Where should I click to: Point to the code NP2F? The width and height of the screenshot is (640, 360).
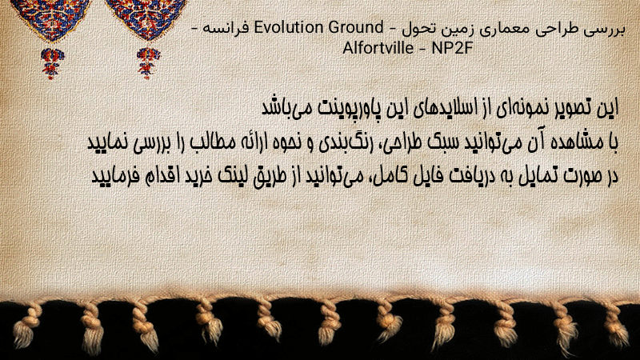pyautogui.click(x=452, y=48)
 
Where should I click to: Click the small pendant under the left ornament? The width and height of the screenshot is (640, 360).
pyautogui.click(x=52, y=63)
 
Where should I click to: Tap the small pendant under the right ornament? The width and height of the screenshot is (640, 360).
pyautogui.click(x=148, y=63)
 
